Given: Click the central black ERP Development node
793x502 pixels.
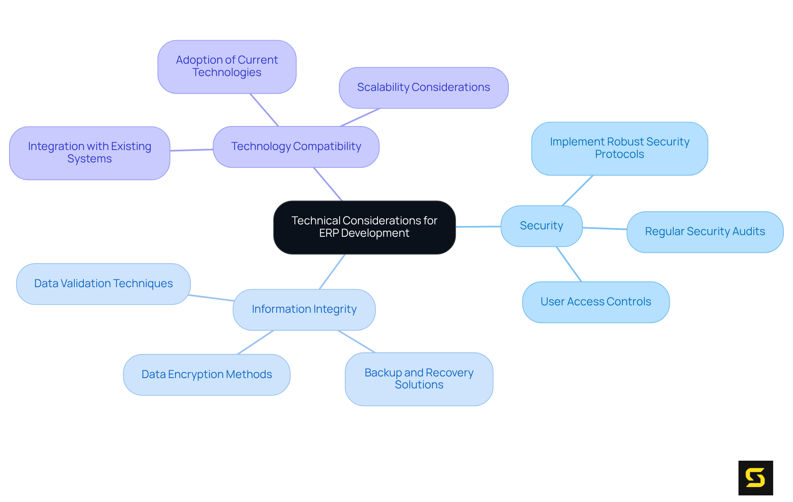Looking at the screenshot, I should coord(364,227).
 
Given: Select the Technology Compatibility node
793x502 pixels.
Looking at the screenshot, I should coord(296,147).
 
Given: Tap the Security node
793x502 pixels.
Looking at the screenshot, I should coord(541,226).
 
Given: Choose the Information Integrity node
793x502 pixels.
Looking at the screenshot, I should coord(304,309).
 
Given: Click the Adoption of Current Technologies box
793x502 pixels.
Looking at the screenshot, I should coord(227,67).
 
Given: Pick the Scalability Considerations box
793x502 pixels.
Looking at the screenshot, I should coord(423,88).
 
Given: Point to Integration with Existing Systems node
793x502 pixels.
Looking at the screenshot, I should coord(90,153).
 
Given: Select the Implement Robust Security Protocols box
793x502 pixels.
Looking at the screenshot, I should coord(620,148).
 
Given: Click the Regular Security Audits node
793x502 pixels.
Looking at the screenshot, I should coord(705,232).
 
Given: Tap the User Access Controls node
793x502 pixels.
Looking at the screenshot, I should coord(596,302).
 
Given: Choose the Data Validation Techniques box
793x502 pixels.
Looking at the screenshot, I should coord(103,284).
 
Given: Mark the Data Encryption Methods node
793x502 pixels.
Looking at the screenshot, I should coord(207,375).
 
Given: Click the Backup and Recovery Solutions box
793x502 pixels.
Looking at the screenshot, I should coord(419,379).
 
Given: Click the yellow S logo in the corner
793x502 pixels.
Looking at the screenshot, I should coord(755,478).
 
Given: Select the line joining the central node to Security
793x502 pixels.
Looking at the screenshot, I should coord(478,226).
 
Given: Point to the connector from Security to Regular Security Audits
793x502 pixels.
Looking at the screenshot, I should coord(605,228).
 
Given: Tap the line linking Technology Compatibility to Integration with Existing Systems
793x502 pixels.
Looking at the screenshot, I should coord(192,150).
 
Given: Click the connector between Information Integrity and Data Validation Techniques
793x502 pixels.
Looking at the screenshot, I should coord(211,298).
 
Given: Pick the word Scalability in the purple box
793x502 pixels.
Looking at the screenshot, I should coord(383,88).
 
